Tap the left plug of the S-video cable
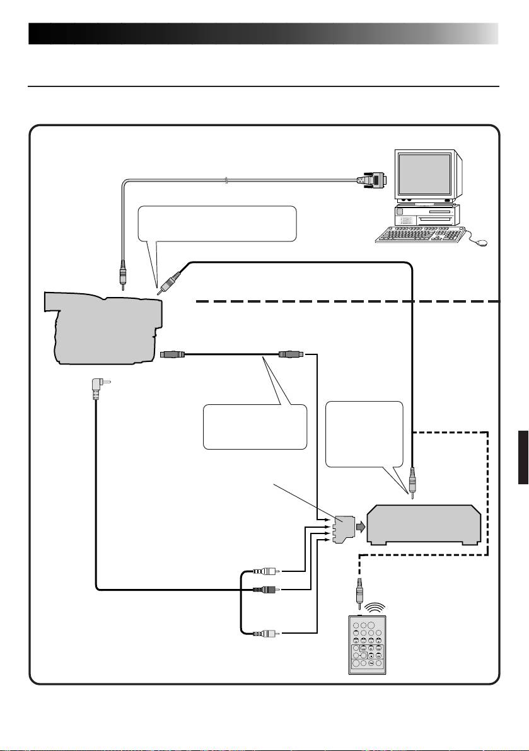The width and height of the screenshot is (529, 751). pos(172,354)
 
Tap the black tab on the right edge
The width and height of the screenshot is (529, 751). pos(523,457)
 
